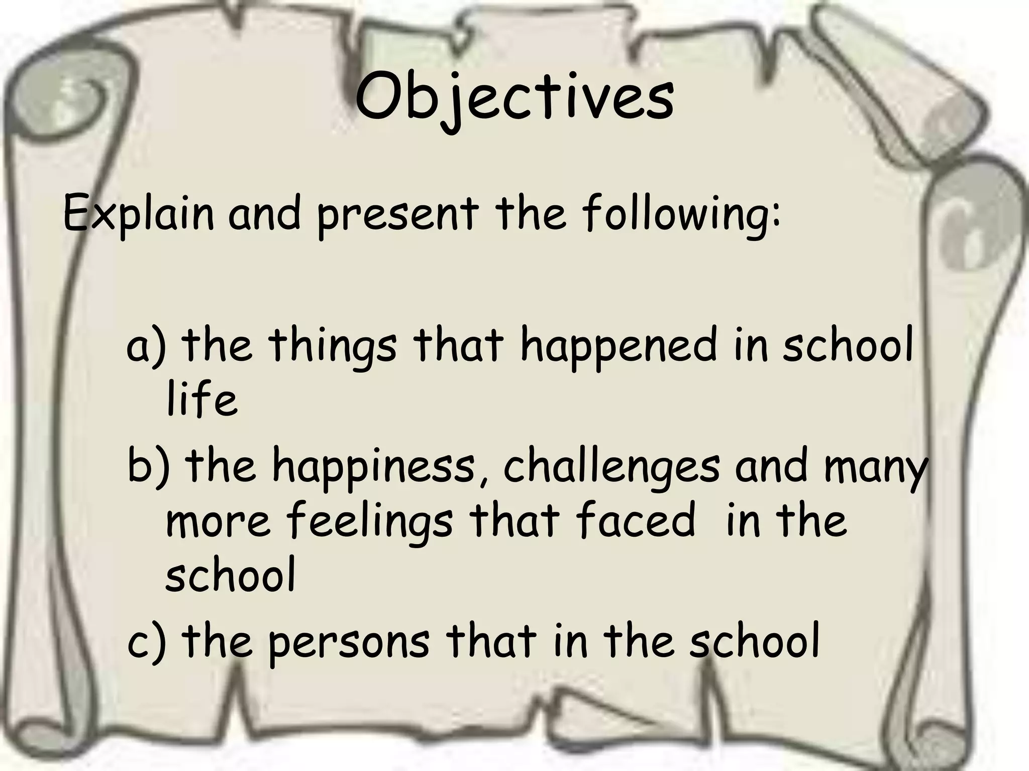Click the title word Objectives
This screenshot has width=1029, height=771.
coord(514,100)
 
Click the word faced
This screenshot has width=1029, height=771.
coord(636,522)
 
